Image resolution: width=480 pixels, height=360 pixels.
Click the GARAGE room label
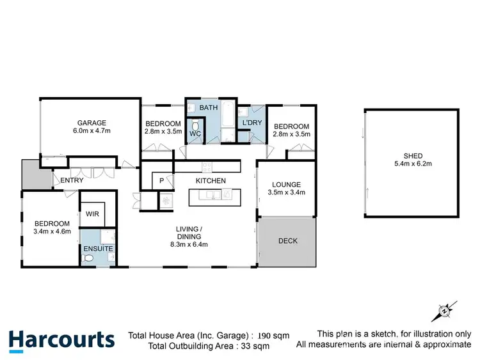pos(92,123)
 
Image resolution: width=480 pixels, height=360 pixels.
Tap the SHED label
pos(412,155)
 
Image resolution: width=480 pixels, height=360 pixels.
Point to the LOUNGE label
pos(286,183)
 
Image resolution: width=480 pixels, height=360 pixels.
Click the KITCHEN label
pos(211,181)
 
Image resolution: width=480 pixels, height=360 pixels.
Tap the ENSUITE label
pos(98,248)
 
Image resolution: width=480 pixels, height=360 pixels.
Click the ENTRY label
pos(72,181)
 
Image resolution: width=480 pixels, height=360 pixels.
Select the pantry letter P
pos(162,181)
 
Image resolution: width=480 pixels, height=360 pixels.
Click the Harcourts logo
pos(62,339)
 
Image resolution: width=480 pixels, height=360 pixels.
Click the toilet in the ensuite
pos(90,259)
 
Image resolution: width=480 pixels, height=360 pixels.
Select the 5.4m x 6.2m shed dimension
pos(412,164)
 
